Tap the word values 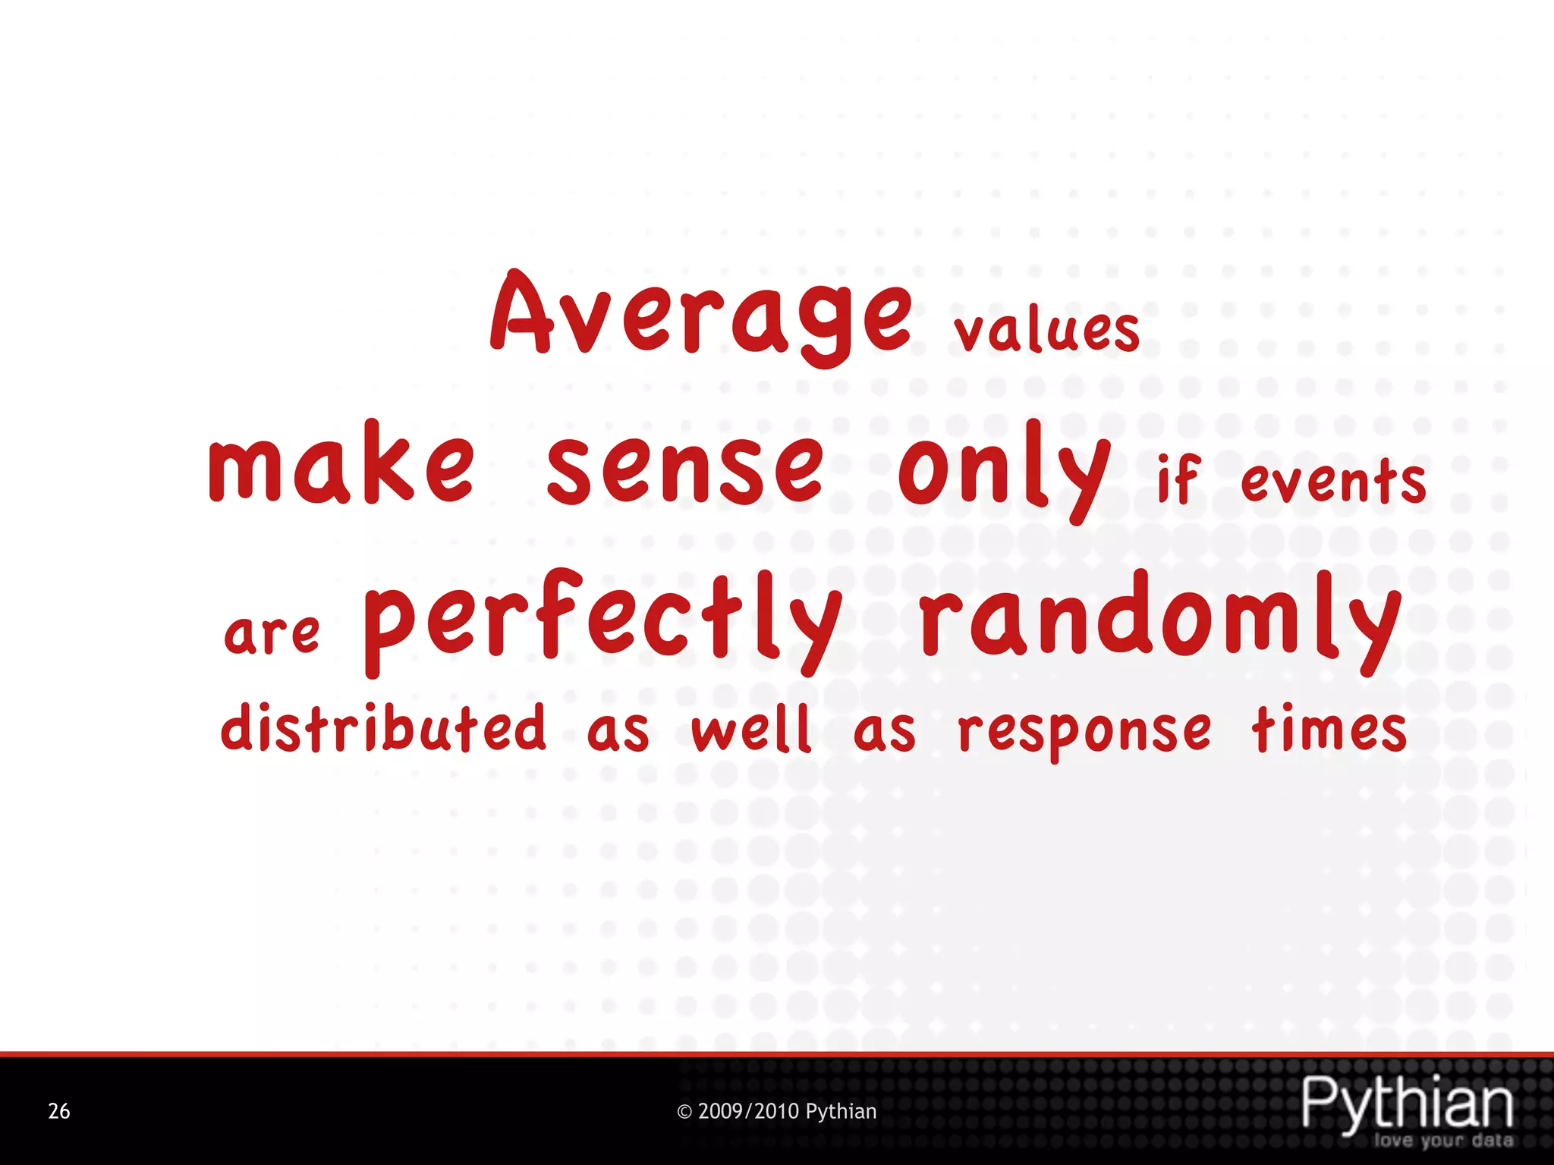tap(1047, 331)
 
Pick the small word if tap(1178, 479)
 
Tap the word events tap(1333, 482)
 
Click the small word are tap(272, 634)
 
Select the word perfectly tap(603, 622)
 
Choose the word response tap(1085, 733)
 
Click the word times tap(1329, 730)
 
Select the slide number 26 tap(59, 1111)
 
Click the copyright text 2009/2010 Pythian tap(776, 1111)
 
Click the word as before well tap(618, 733)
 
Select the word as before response tap(885, 733)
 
